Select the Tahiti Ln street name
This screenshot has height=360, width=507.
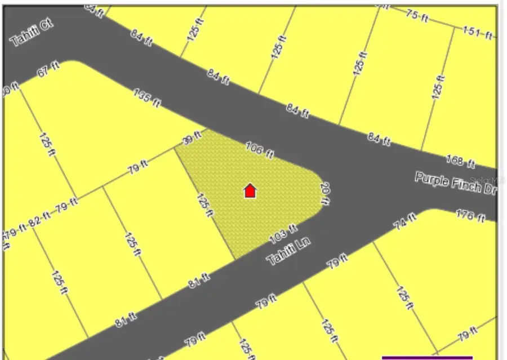289,251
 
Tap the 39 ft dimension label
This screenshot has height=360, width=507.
192,138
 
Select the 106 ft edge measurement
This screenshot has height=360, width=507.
260,149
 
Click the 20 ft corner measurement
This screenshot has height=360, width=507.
324,194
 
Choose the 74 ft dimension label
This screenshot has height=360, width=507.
404,221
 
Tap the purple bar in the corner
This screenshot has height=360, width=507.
427,357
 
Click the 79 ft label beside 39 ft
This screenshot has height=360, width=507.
136,167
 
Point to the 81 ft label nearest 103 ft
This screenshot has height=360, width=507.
199,279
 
